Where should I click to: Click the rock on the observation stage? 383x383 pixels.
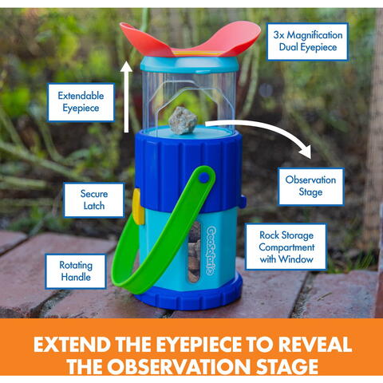coord(183,119)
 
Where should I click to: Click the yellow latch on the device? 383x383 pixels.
coord(136,206)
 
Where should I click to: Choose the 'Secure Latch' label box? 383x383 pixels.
coord(94,200)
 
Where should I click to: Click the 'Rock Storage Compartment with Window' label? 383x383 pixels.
coord(291,247)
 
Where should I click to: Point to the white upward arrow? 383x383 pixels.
coord(126,97)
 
